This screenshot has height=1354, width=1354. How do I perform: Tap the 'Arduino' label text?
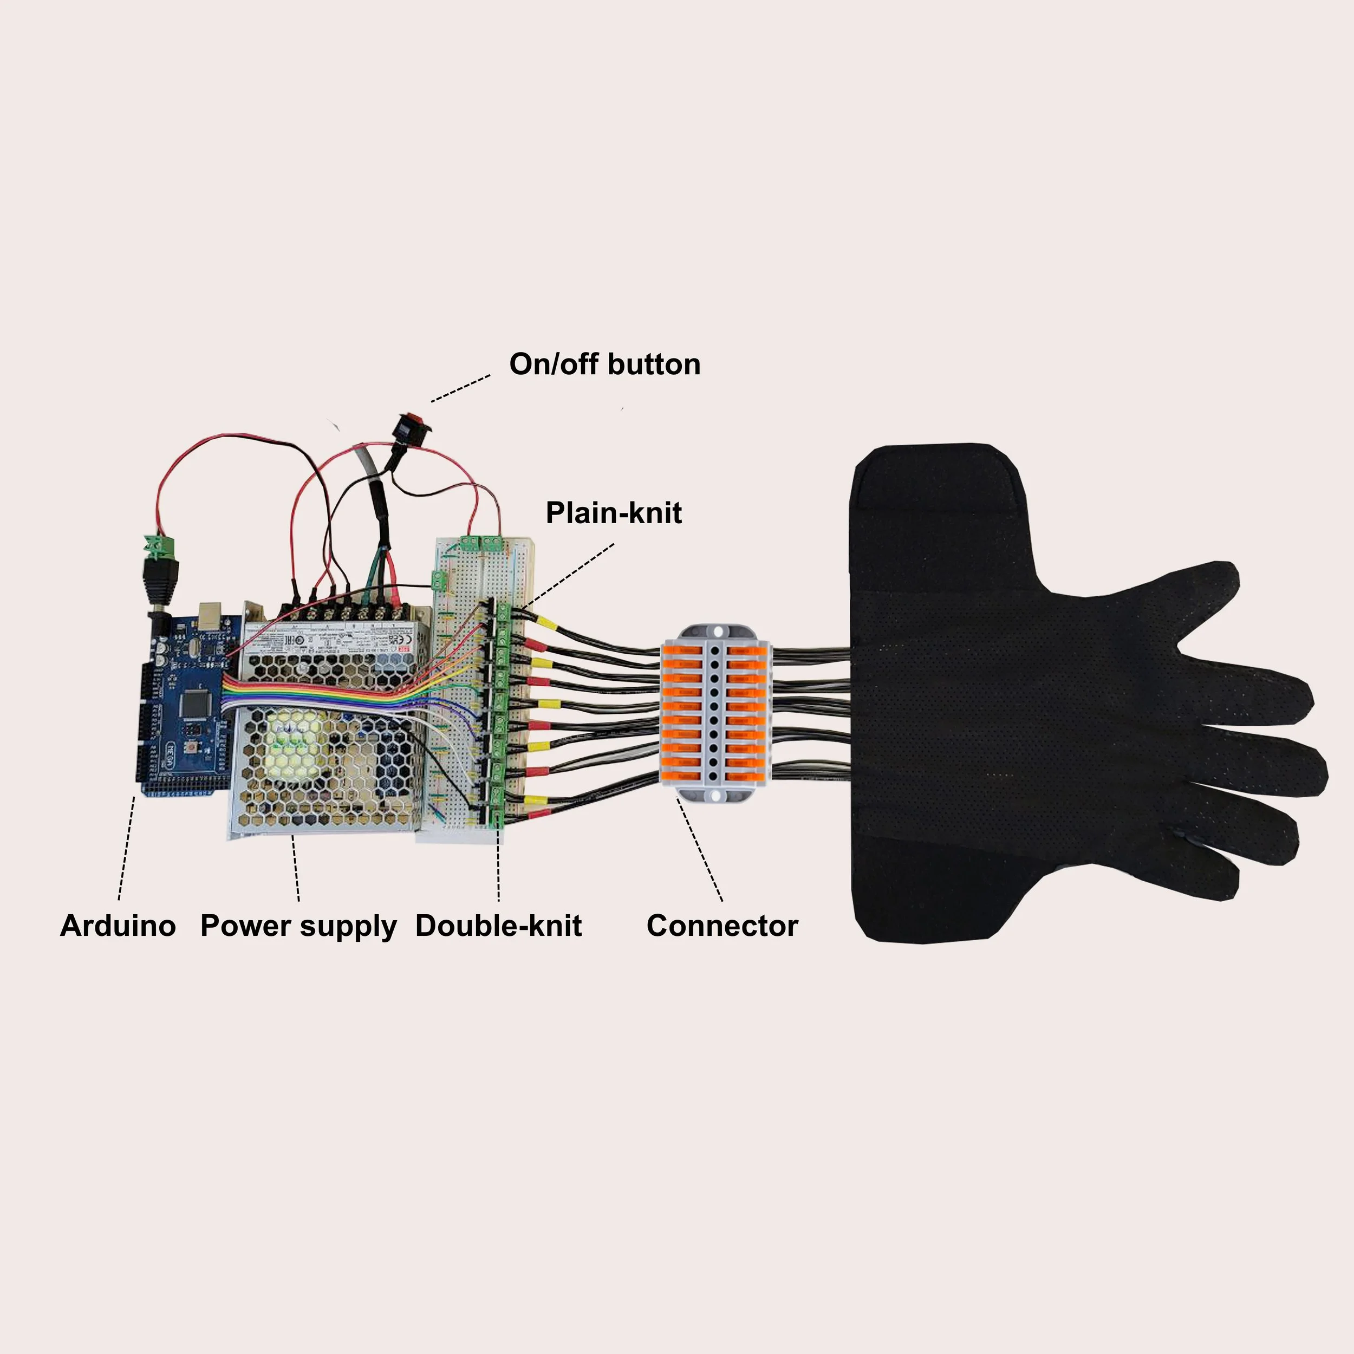(118, 926)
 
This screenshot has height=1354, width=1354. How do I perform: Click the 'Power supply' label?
(298, 926)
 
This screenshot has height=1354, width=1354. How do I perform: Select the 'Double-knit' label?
(498, 926)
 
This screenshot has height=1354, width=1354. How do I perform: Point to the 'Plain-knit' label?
(613, 513)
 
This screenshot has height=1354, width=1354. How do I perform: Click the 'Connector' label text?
(722, 926)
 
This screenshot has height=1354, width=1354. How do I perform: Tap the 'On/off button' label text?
(605, 364)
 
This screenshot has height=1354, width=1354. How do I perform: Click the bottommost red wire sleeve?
(537, 815)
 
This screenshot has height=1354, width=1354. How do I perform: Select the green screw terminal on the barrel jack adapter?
(160, 543)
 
